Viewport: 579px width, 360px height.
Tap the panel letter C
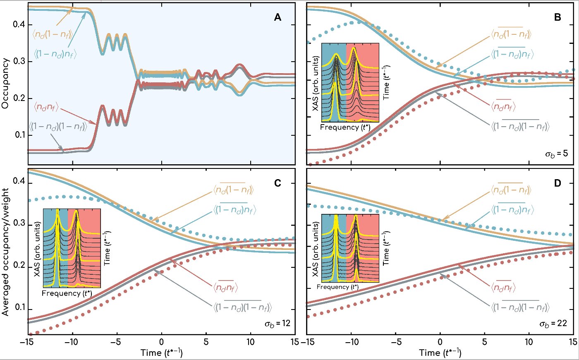click(x=278, y=182)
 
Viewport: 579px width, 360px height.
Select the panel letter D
click(x=557, y=182)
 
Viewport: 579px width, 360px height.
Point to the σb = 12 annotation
click(x=278, y=323)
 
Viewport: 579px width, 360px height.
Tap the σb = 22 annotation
click(x=553, y=323)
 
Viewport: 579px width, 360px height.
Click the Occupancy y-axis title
click(x=5, y=83)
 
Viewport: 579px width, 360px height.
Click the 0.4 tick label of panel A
click(x=18, y=24)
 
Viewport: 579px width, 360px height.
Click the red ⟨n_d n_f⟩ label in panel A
click(x=46, y=108)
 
